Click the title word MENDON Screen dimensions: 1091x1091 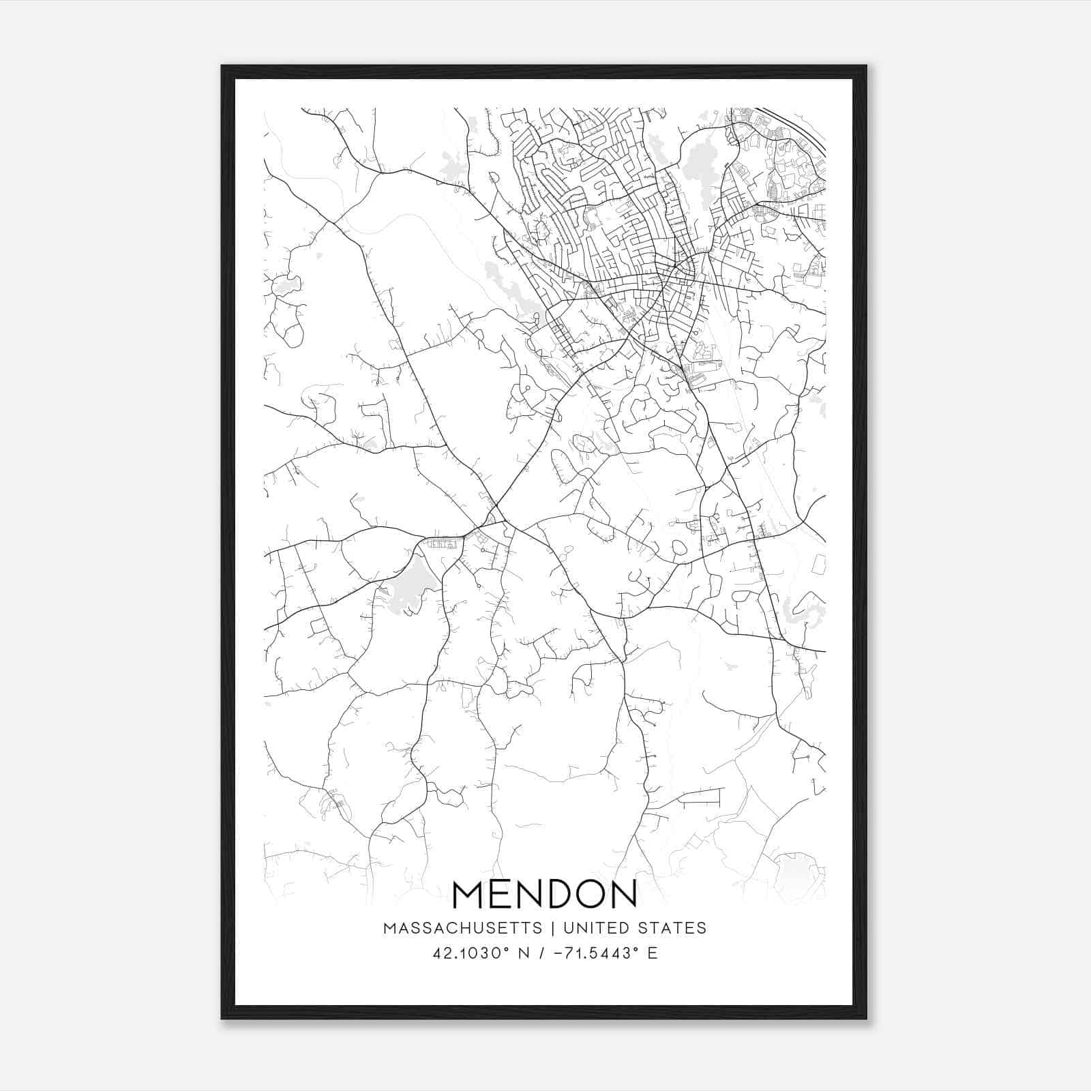tap(544, 894)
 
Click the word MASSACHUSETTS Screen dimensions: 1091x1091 tap(463, 928)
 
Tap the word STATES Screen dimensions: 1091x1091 tap(670, 928)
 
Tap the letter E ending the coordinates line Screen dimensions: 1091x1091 tap(653, 953)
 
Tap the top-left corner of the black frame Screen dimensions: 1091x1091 tap(222, 67)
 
